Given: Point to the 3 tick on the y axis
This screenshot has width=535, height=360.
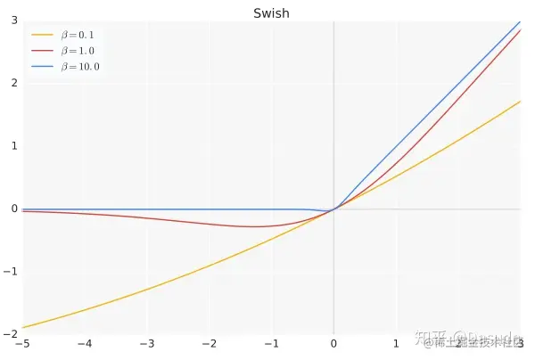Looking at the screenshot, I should [13, 20].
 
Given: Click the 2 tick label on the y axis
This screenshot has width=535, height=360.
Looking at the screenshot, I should [13, 83].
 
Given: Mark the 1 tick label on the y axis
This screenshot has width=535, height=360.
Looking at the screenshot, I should [13, 145].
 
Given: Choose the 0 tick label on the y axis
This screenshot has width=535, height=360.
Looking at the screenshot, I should [13, 209].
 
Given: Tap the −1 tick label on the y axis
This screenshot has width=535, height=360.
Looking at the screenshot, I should [12, 271].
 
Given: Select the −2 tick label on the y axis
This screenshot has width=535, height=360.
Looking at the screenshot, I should [12, 334].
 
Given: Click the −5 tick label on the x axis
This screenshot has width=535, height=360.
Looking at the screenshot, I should [21, 343].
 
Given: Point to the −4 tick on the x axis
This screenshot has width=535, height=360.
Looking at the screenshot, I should [84, 343].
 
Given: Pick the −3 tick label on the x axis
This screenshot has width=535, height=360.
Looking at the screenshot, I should [146, 343].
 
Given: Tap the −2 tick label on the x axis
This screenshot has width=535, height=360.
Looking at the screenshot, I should [209, 343].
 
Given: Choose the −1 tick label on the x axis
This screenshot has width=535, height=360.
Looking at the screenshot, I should [271, 343].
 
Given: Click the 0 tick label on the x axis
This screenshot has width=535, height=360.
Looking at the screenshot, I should [334, 343].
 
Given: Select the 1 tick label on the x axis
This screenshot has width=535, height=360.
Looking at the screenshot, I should [397, 343].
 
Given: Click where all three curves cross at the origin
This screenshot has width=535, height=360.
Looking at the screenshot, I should [333, 209].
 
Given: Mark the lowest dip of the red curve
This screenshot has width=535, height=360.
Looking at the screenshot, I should [254, 226].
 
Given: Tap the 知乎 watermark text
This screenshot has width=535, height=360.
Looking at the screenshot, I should [440, 341].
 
